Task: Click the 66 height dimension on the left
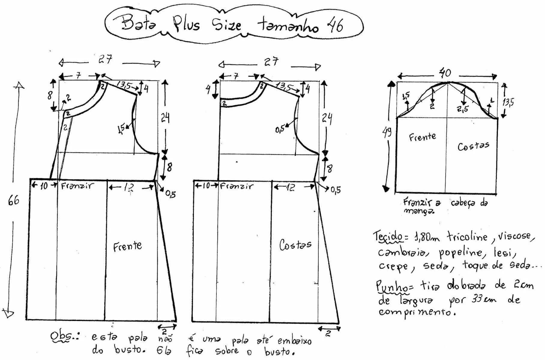(x=14, y=200)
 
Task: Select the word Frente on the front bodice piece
(x=128, y=247)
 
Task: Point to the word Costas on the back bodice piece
(x=295, y=245)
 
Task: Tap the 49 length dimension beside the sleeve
(x=387, y=132)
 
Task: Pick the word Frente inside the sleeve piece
(x=422, y=137)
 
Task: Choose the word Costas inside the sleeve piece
(x=473, y=146)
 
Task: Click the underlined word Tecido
(x=388, y=236)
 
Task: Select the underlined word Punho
(x=392, y=286)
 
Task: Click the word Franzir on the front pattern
(x=77, y=186)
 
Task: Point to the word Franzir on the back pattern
(x=236, y=186)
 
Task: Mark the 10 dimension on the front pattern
(x=44, y=186)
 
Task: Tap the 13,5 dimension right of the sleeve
(x=508, y=102)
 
